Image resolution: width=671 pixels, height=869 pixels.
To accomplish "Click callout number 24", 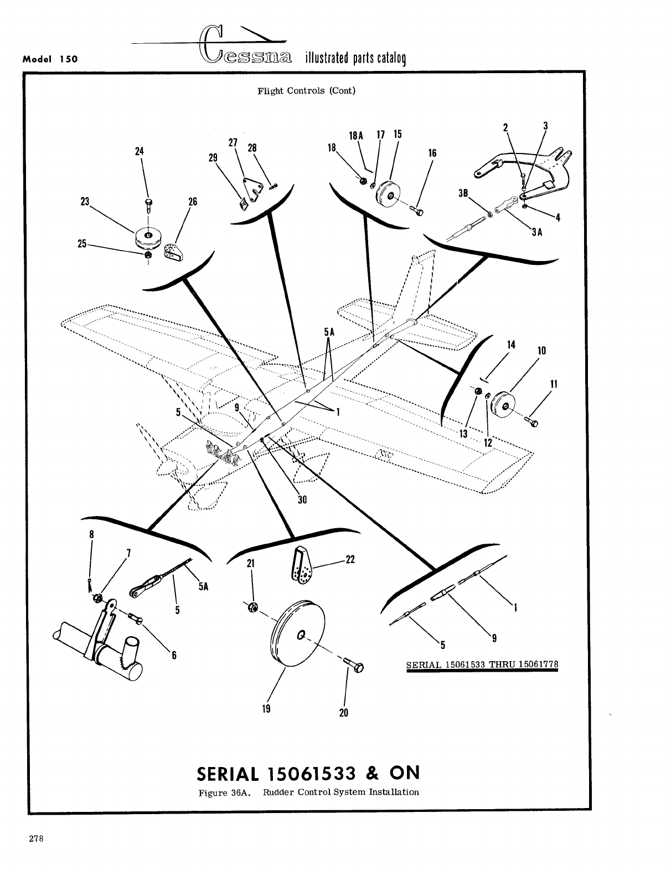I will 140,151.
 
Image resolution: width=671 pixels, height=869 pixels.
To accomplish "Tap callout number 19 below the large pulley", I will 266,709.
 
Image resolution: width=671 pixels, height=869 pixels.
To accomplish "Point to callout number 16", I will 432,153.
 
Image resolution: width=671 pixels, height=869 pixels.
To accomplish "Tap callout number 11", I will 554,384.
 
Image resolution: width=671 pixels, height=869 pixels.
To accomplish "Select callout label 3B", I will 464,193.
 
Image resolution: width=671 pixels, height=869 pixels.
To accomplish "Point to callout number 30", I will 302,499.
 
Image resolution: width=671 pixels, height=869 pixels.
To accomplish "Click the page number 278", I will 37,838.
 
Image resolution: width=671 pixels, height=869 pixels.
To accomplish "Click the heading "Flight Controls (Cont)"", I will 306,91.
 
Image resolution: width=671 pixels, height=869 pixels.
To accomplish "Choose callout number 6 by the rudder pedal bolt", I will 173,655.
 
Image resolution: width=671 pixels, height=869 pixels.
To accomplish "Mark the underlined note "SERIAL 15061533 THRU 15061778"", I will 482,664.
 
